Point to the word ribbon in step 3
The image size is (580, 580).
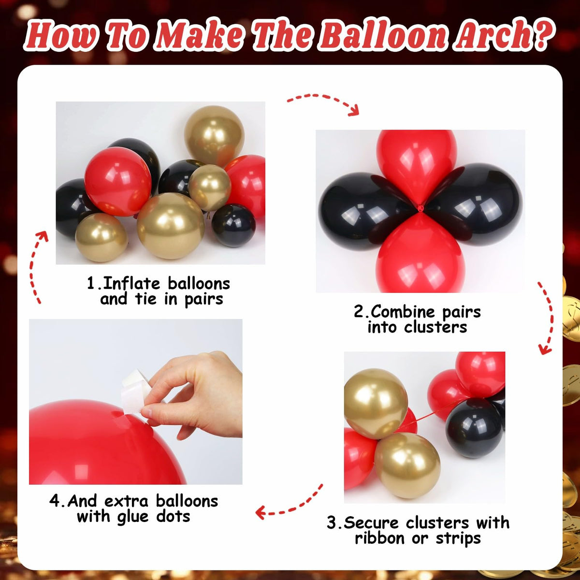(x=380, y=538)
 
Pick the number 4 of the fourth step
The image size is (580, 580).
(x=55, y=501)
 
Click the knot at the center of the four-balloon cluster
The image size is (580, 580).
(x=420, y=207)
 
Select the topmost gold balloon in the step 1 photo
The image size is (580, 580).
(x=214, y=137)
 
